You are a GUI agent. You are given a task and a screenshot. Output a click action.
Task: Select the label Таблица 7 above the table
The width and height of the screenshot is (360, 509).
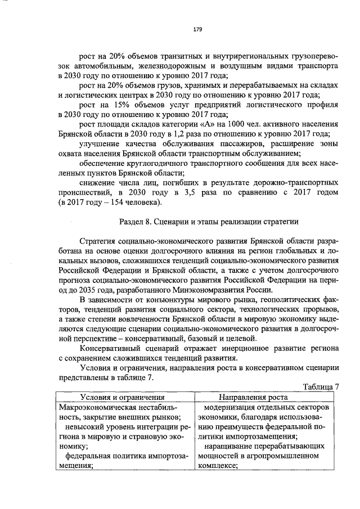click(x=321, y=387)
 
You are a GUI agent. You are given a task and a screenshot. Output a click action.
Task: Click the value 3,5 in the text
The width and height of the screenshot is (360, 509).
click(x=182, y=193)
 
